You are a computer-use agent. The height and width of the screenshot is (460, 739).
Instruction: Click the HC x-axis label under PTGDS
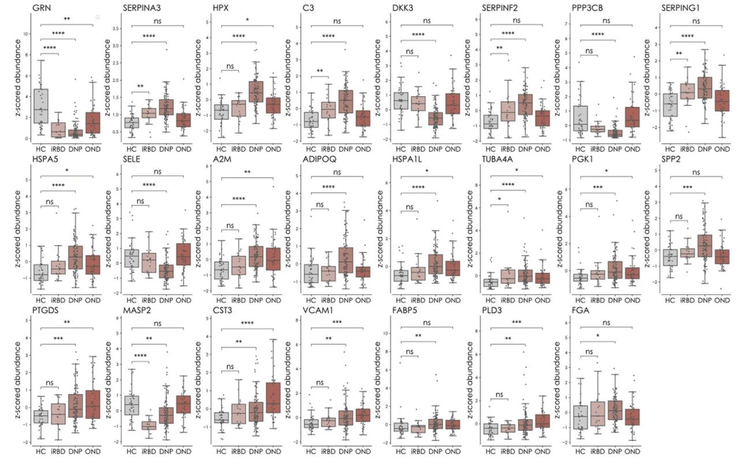click(40, 450)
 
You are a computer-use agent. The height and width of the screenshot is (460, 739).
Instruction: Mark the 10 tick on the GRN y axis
click(25, 34)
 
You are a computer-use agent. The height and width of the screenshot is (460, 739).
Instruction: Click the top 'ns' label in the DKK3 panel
click(427, 21)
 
